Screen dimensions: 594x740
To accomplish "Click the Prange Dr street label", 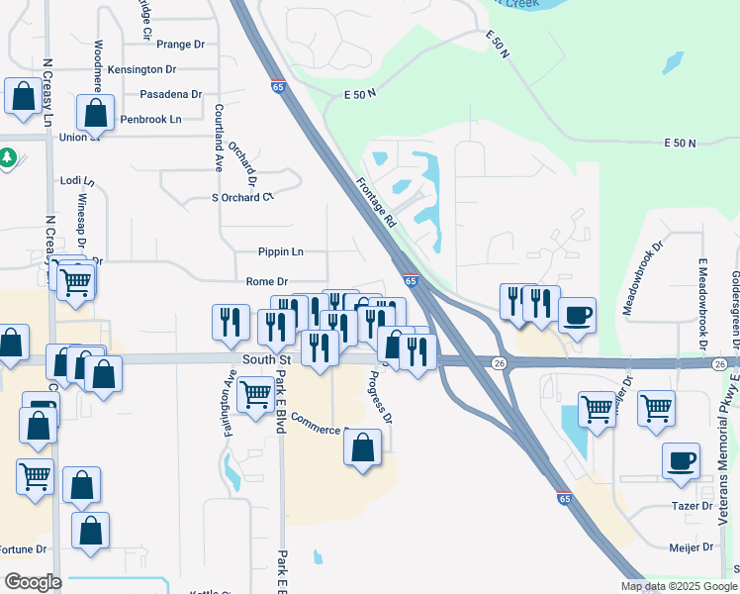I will tap(180, 45).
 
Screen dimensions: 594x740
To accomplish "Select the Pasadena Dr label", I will tap(170, 94).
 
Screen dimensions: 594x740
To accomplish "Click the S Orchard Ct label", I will tap(242, 197).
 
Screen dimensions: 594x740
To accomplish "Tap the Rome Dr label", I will tap(267, 282).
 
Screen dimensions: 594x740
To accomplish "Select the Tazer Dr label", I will tap(693, 506).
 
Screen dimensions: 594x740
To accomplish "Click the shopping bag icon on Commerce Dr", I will tap(363, 446).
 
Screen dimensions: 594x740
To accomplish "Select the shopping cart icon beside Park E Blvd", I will tap(256, 394).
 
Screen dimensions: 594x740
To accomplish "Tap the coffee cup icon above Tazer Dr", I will tap(681, 461).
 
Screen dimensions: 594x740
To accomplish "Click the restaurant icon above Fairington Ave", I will tap(231, 322).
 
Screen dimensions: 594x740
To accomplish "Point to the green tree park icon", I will tap(7, 157).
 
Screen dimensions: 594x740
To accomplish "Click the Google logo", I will tap(32, 582).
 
